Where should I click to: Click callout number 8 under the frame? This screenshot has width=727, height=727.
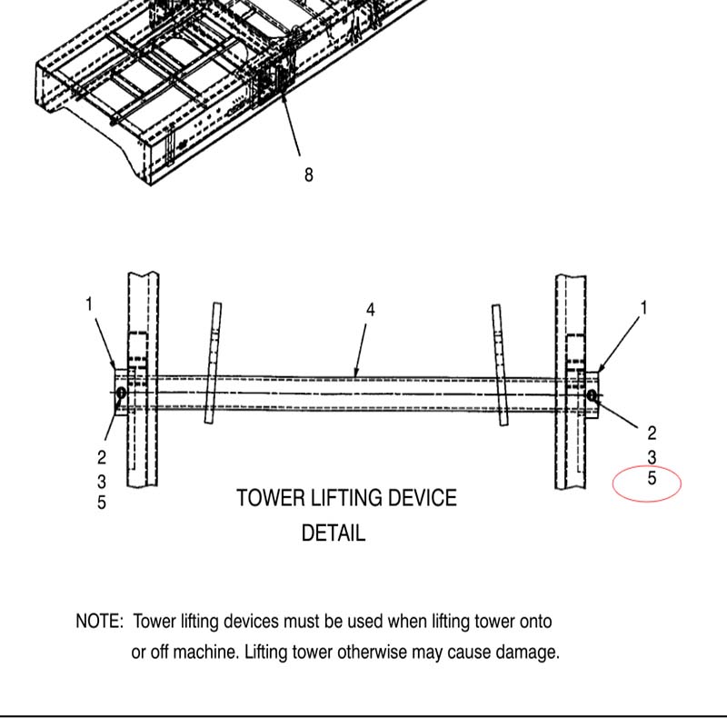coord(309,174)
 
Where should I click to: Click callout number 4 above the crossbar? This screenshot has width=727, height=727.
coord(371,310)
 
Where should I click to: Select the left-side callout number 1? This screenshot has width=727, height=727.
coord(89,304)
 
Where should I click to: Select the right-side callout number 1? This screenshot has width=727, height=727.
coord(644,308)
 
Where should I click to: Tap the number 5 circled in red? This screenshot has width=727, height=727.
coord(652,478)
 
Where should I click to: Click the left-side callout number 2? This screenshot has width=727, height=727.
coord(102,457)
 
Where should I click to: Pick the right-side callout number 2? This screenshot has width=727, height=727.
coord(652,433)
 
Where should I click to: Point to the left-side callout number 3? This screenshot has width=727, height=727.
coord(102,480)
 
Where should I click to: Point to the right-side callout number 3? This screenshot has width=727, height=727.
coord(652,456)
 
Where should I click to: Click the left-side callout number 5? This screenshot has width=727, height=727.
coord(102,502)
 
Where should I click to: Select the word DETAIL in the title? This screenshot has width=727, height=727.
coord(334,533)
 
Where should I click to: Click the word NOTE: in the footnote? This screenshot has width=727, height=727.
coord(99,622)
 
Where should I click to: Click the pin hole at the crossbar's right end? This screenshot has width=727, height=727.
coord(592,394)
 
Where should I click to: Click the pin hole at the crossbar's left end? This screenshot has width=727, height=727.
coord(121,392)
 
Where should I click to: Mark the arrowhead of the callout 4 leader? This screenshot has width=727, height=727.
coord(356,373)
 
